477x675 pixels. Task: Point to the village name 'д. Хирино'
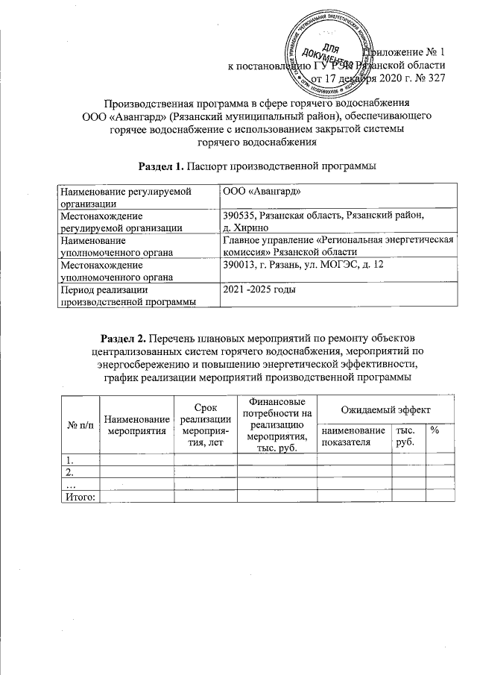tap(245, 227)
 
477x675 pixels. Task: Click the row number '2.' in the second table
tap(71, 472)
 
